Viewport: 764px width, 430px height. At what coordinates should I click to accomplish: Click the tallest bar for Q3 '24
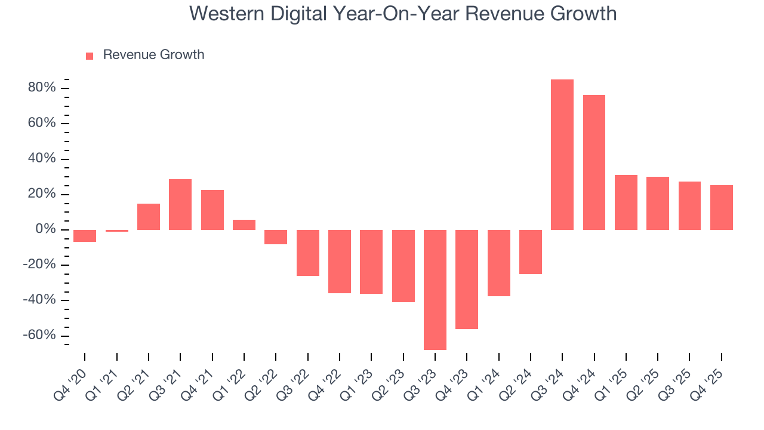pos(562,155)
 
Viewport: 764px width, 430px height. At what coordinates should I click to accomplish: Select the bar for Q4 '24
pos(594,162)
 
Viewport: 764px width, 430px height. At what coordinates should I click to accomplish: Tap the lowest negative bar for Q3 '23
pos(435,290)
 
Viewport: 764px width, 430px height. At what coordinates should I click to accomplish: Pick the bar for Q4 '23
pos(466,279)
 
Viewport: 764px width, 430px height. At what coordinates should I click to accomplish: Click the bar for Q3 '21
pos(180,204)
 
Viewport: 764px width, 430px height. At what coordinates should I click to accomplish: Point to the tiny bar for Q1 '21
pos(116,231)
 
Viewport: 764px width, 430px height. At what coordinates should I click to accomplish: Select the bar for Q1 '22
pos(244,225)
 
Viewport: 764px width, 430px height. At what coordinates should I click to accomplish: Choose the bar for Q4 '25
pos(721,207)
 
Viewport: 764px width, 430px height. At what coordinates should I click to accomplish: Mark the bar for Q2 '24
pos(530,252)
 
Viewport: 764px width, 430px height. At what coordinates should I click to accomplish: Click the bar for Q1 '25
pos(626,202)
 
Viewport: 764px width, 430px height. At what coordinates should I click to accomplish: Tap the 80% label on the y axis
pos(41,88)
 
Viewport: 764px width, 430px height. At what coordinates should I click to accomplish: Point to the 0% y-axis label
pos(46,230)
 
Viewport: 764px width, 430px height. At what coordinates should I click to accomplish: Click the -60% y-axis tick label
pos(39,336)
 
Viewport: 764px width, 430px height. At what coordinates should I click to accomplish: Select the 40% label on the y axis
pos(41,159)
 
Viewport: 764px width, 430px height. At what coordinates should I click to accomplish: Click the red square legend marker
pos(90,56)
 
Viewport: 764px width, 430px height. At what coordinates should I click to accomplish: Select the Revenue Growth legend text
pos(153,55)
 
